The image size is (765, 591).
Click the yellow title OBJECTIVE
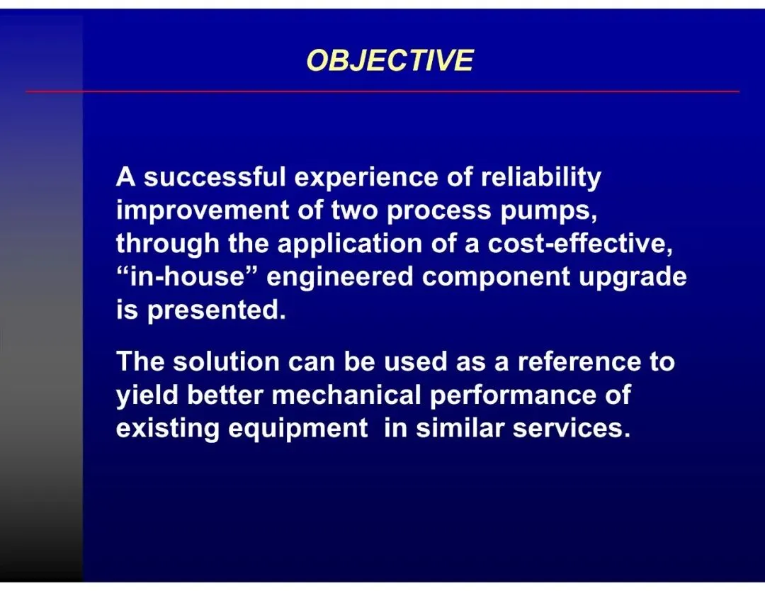[x=390, y=60]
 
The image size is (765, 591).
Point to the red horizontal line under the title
[x=382, y=91]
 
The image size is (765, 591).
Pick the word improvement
[x=203, y=210]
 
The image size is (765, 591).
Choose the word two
[x=354, y=211]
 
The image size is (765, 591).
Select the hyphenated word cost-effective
[x=580, y=244]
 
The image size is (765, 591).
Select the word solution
[x=226, y=361]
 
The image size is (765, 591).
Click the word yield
[x=147, y=396]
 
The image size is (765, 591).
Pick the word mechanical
[x=346, y=395]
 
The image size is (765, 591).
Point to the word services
[x=572, y=429]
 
